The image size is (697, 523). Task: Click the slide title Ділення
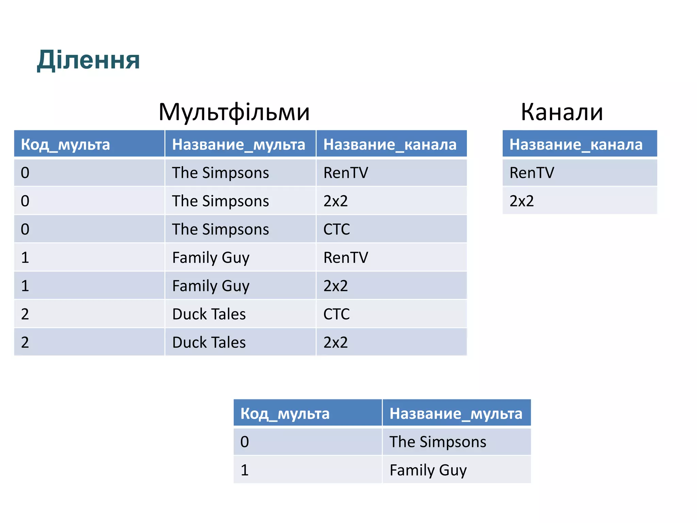(x=88, y=60)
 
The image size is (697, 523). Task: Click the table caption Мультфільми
(x=234, y=112)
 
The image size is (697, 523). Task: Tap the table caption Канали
(x=562, y=112)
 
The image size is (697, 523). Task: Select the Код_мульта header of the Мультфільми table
(x=65, y=144)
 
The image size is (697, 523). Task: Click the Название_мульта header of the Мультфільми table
(x=239, y=144)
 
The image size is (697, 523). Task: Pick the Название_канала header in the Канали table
(x=576, y=144)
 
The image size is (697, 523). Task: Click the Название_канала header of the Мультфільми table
(x=390, y=144)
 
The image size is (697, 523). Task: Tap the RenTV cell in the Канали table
(x=532, y=173)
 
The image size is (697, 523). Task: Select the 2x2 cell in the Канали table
(x=521, y=201)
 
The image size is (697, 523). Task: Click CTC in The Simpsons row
(x=336, y=229)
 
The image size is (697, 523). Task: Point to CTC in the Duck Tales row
(x=336, y=314)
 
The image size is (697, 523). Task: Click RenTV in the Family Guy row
(x=345, y=257)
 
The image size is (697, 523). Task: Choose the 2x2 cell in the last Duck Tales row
(x=336, y=342)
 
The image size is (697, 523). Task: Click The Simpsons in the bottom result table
(x=438, y=442)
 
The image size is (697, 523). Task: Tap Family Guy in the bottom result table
(x=428, y=470)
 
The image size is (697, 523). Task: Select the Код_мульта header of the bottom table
(x=285, y=413)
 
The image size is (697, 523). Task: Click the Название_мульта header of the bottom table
(x=456, y=413)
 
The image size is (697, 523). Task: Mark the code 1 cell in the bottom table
(x=245, y=470)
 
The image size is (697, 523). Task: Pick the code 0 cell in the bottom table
(x=245, y=442)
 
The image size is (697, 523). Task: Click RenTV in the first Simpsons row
(x=345, y=173)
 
